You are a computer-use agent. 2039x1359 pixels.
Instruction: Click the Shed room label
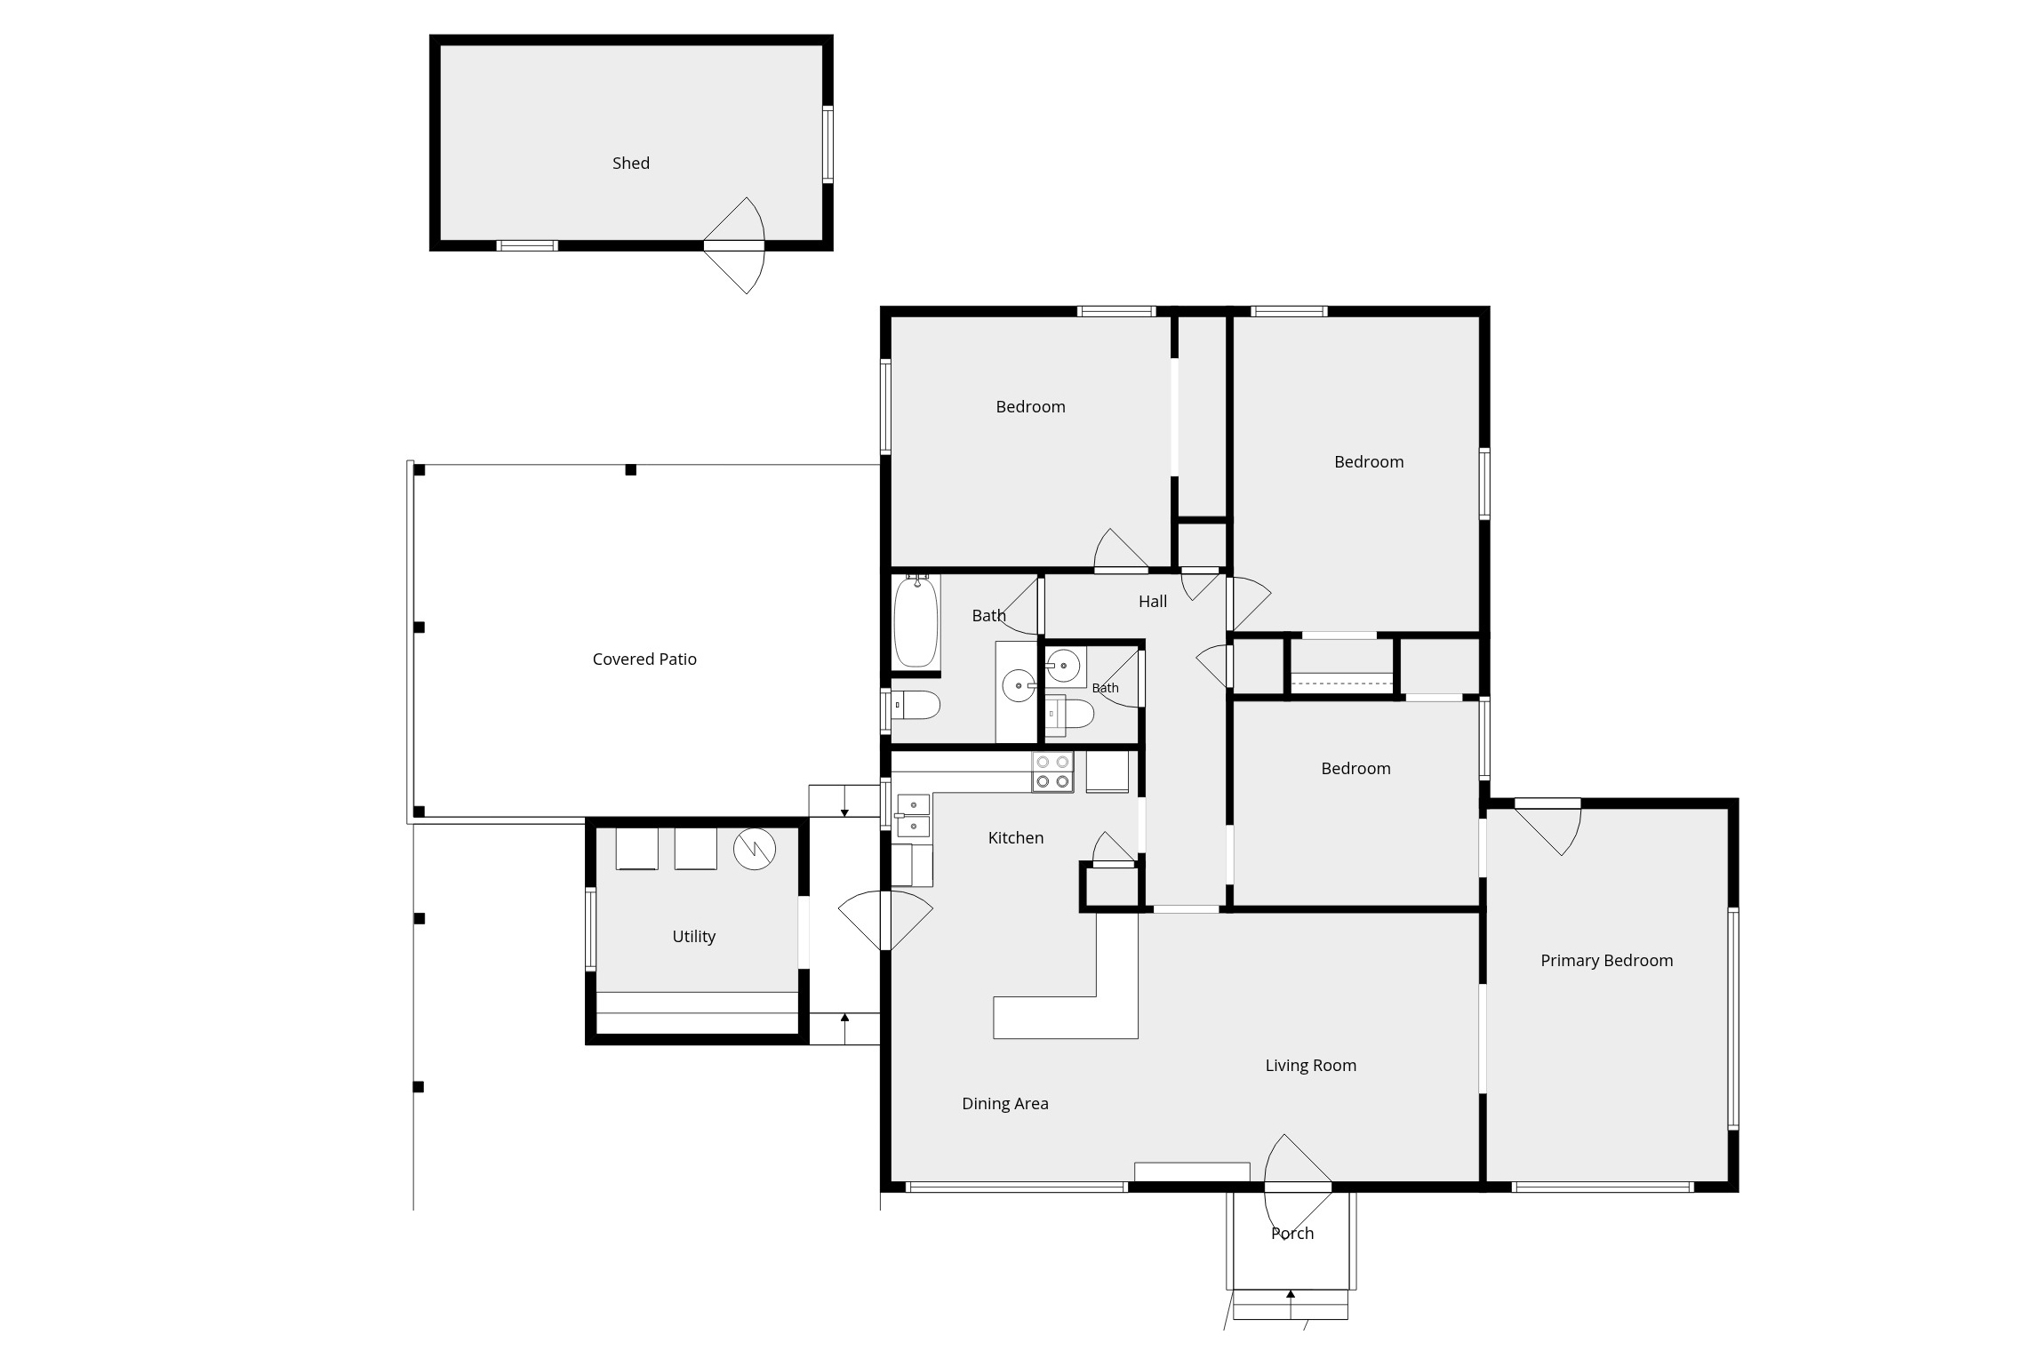pyautogui.click(x=630, y=164)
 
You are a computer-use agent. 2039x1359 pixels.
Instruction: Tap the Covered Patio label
pyautogui.click(x=644, y=660)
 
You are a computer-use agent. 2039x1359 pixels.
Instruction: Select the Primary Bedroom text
pyautogui.click(x=1606, y=961)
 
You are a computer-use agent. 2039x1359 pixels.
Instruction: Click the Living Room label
pyautogui.click(x=1310, y=1066)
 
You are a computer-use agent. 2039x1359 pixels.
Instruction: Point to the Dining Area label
pyautogui.click(x=1004, y=1104)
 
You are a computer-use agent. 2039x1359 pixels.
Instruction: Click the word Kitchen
pyautogui.click(x=1015, y=838)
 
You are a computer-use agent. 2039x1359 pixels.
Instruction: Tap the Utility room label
pyautogui.click(x=693, y=937)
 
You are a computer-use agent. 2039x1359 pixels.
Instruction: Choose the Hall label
pyautogui.click(x=1152, y=602)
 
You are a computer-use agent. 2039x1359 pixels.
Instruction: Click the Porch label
pyautogui.click(x=1291, y=1234)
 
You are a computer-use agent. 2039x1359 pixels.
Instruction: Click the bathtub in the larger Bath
pyautogui.click(x=916, y=621)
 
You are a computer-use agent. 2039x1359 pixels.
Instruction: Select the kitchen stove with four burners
pyautogui.click(x=1052, y=771)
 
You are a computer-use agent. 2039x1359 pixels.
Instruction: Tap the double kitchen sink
pyautogui.click(x=913, y=816)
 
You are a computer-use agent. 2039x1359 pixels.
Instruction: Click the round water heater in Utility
pyautogui.click(x=754, y=850)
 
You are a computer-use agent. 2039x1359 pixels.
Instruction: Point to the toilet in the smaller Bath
pyautogui.click(x=1068, y=713)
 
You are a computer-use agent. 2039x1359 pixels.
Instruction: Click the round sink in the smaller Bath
pyautogui.click(x=1063, y=665)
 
